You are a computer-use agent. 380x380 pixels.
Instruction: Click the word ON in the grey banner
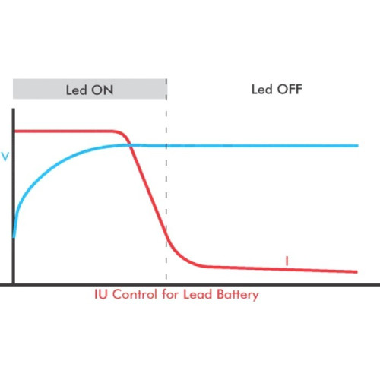click(103, 90)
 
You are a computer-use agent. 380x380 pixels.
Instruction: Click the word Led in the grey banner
click(76, 90)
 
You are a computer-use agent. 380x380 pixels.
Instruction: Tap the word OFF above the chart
click(290, 89)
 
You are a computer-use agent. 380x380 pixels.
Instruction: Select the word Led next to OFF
click(261, 89)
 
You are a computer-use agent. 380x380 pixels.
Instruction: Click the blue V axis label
click(5, 157)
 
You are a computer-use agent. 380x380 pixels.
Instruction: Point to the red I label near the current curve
click(287, 261)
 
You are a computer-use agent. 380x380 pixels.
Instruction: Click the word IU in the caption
click(100, 294)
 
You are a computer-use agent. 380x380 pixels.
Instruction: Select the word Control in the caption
click(135, 294)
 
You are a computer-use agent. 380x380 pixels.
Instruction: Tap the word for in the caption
click(170, 294)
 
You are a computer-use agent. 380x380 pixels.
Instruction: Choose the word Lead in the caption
click(198, 294)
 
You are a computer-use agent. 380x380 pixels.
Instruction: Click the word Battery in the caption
click(238, 296)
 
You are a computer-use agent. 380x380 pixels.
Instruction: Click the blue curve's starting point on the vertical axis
click(14, 238)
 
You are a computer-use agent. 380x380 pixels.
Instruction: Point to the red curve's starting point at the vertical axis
click(14, 131)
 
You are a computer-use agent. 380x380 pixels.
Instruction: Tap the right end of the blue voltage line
click(358, 146)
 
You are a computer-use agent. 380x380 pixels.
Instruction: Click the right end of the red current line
click(357, 272)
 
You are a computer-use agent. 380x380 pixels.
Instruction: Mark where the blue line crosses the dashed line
click(166, 146)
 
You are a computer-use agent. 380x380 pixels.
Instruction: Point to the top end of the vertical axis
click(14, 109)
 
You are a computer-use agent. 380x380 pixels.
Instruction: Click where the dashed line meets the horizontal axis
click(166, 283)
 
